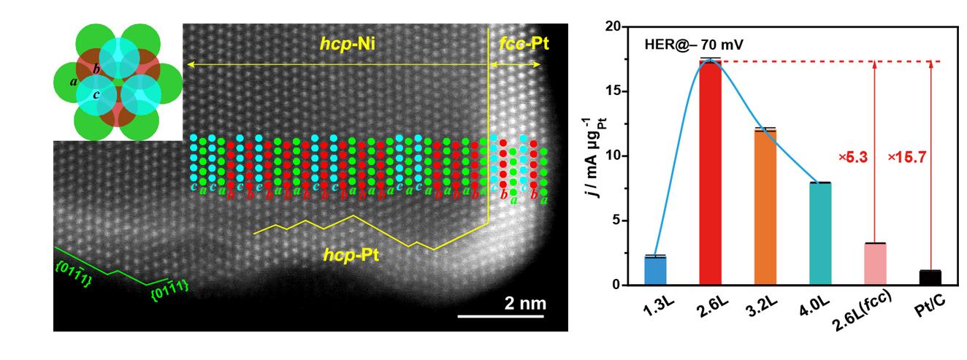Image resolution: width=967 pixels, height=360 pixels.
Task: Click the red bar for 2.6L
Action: tap(711, 172)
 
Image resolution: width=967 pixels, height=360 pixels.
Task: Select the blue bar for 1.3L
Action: tap(655, 270)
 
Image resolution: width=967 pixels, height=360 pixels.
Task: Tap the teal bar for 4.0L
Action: tap(820, 234)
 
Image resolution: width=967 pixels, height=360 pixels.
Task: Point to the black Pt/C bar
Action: tap(930, 277)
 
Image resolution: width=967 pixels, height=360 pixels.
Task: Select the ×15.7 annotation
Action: tap(907, 156)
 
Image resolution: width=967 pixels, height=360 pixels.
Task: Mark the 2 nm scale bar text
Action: tap(524, 302)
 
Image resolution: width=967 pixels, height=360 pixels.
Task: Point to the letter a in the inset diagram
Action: tap(74, 81)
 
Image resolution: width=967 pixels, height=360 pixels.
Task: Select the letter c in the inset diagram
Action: tap(96, 95)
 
